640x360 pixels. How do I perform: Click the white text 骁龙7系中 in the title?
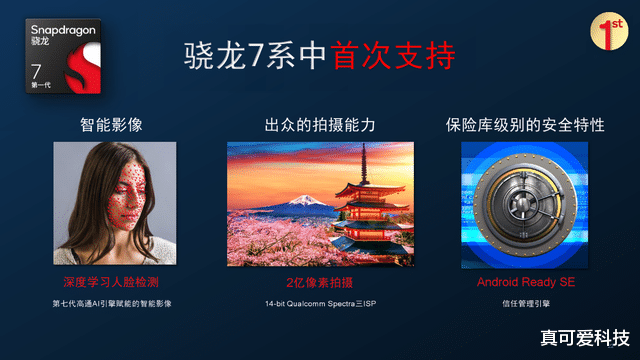pos(255,56)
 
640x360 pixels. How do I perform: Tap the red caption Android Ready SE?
pos(524,283)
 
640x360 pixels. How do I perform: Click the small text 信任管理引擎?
pos(524,302)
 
